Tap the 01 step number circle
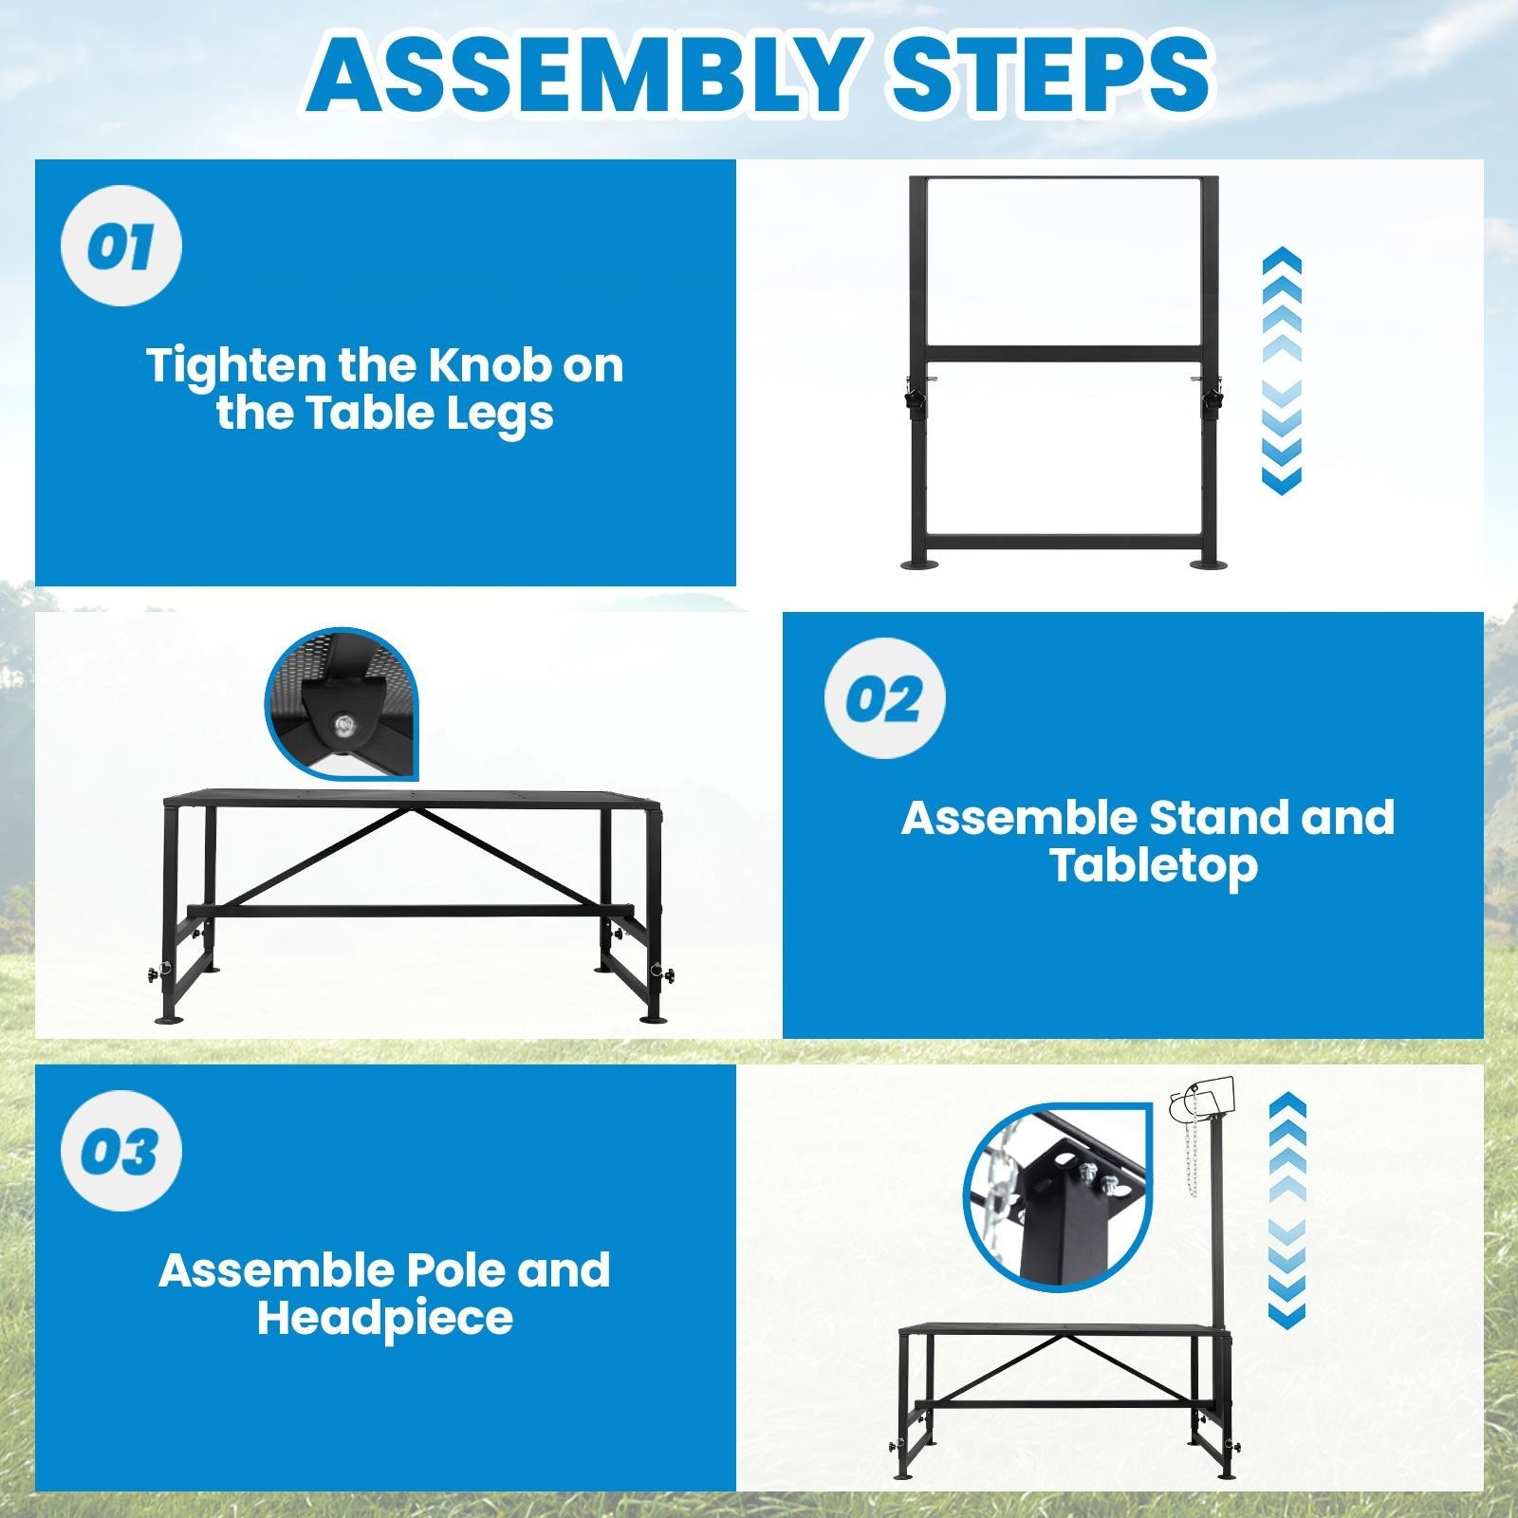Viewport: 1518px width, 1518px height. [120, 248]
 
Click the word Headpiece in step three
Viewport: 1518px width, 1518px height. [384, 1318]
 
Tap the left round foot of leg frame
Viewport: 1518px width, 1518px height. [920, 566]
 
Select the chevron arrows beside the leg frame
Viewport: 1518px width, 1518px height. [1282, 370]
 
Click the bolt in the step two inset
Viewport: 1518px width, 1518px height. [343, 726]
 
